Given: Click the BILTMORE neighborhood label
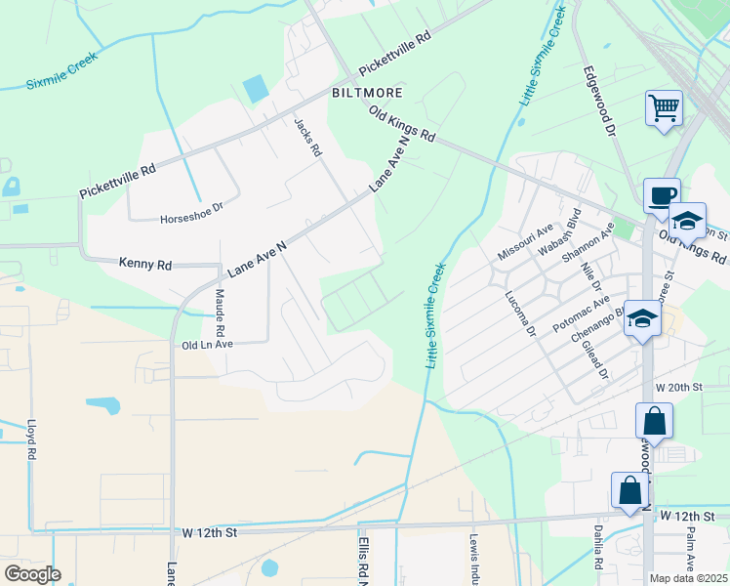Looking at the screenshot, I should (x=366, y=93).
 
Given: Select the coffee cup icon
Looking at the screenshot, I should (x=661, y=193).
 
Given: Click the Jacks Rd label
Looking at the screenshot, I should (x=308, y=138).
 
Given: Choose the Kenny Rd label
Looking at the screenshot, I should (x=144, y=264).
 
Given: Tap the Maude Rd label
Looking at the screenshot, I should (x=221, y=308).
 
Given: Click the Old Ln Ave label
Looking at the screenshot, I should (x=207, y=345).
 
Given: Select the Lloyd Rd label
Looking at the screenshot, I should (x=31, y=439).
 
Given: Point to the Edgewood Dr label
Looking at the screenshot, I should (x=600, y=101).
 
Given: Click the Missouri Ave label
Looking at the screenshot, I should (x=525, y=241).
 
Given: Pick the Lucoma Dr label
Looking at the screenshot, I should (x=521, y=314).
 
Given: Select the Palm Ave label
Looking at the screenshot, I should (x=690, y=549).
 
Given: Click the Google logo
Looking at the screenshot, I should (x=31, y=574).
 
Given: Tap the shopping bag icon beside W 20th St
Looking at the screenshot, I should (x=654, y=422).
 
